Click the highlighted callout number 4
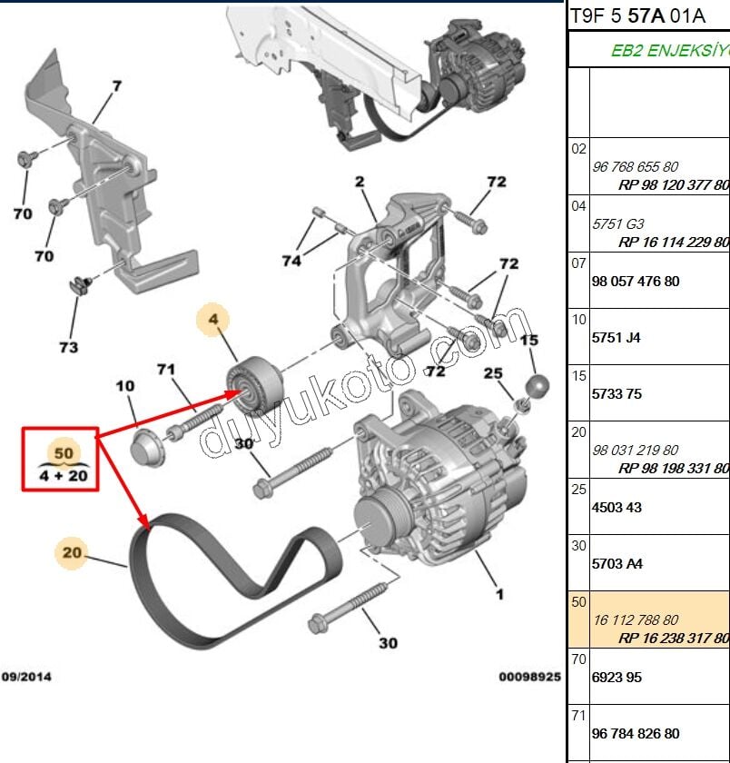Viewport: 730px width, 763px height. click(x=214, y=320)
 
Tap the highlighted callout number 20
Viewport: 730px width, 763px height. click(x=73, y=551)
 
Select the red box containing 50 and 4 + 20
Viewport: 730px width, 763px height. click(x=60, y=460)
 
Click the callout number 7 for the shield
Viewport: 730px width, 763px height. click(x=116, y=88)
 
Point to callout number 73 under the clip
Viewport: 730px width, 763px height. click(x=68, y=346)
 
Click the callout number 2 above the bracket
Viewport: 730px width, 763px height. click(x=360, y=182)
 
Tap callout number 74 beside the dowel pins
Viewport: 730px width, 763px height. click(x=291, y=261)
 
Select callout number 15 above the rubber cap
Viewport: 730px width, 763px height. click(x=529, y=341)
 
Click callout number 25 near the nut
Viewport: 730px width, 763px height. click(x=493, y=373)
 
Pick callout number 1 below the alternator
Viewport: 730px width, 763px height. click(x=498, y=595)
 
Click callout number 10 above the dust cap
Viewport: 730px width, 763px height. click(x=125, y=387)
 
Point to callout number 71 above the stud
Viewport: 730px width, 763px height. click(x=164, y=370)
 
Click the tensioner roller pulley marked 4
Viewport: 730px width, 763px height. click(x=253, y=381)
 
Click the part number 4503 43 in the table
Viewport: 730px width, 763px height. click(x=617, y=508)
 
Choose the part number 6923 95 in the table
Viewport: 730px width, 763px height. click(x=617, y=677)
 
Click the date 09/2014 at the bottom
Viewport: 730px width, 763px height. click(x=25, y=677)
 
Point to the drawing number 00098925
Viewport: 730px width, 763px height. click(x=529, y=677)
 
